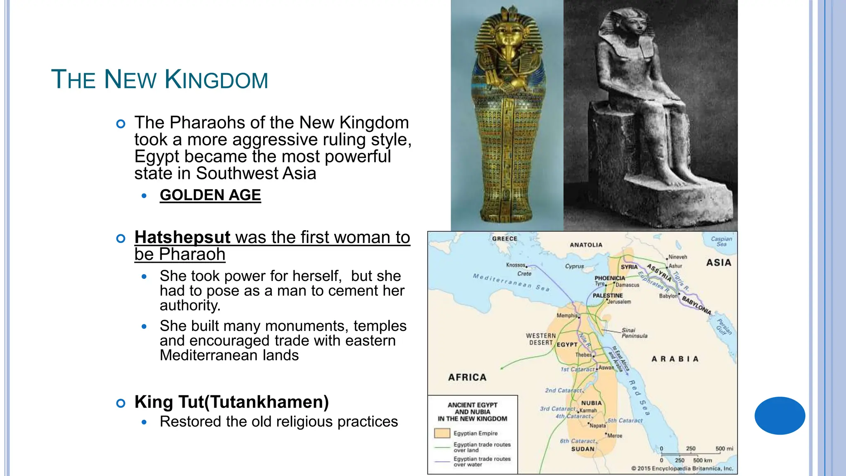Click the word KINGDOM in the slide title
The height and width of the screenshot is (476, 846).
[x=216, y=80]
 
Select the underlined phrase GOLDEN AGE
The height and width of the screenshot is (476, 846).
[x=210, y=195]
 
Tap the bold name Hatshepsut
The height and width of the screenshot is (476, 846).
[x=182, y=237]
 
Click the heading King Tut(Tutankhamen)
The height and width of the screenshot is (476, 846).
[x=231, y=402]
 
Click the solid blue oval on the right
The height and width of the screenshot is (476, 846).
[x=779, y=416]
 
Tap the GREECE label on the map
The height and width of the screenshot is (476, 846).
[x=504, y=239]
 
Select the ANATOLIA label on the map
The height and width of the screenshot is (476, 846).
[x=586, y=245]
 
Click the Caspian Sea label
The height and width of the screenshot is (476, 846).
[x=721, y=241]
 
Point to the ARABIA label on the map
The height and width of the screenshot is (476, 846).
[x=675, y=359]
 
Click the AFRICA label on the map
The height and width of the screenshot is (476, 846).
[x=467, y=377]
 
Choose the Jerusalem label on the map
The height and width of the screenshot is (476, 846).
[x=619, y=302]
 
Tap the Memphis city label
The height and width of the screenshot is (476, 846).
[x=567, y=316]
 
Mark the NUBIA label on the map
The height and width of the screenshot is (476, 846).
[x=592, y=403]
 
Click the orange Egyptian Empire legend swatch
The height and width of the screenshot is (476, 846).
[x=442, y=433]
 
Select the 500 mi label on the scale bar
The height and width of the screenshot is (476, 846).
[x=724, y=449]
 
